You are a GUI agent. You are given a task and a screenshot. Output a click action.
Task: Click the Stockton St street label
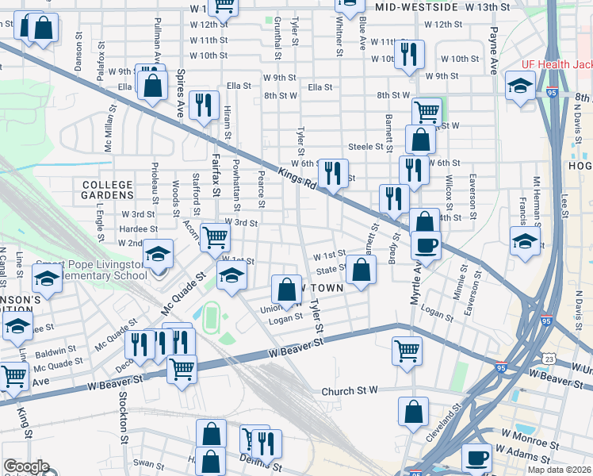(x=123, y=416)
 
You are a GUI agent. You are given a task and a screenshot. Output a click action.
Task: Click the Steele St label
(x=366, y=147)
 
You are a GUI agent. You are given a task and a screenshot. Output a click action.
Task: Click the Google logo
(x=25, y=467)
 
